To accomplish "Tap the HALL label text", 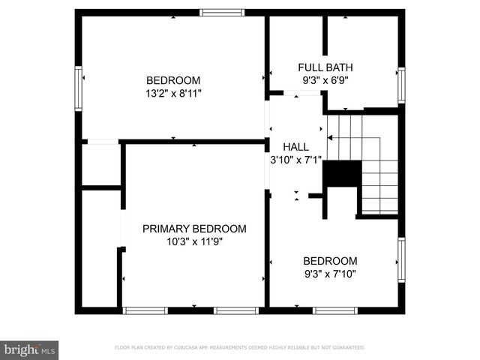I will pos(295,147).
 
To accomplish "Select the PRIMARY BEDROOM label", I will pos(194,229).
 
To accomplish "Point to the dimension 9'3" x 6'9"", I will pos(325,79).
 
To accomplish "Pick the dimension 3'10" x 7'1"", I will pos(295,160).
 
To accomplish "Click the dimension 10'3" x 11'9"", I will pos(194,241).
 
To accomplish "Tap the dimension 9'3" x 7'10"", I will pos(329,274).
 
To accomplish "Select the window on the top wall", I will pos(222,12).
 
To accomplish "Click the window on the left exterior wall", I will pos(78,88).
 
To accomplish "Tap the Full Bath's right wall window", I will pos(401,85).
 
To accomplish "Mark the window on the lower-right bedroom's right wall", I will pos(401,260).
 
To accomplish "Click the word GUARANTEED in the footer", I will pos(346,348).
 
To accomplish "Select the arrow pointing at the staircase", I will pos(331,138).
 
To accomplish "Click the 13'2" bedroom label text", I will pos(173,80).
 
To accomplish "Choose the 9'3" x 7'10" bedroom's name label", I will pos(329,261).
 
